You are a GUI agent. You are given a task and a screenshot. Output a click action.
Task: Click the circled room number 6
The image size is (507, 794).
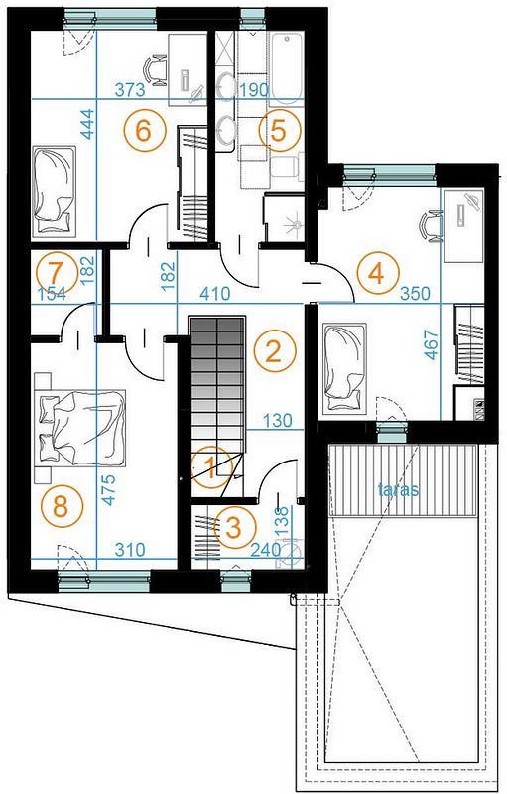pos(144,131)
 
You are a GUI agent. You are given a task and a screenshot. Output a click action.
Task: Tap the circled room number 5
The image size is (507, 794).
pos(279,131)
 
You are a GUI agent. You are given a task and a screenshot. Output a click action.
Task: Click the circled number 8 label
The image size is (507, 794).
pos(62,507)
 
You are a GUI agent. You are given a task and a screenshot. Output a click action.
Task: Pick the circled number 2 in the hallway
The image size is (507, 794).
pos(274,351)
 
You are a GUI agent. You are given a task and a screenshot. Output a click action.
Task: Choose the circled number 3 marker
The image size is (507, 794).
pos(234,529)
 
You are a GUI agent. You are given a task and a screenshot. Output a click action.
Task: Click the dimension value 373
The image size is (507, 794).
pos(130,90)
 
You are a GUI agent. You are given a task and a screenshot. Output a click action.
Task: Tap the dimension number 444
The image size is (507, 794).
pos(88,124)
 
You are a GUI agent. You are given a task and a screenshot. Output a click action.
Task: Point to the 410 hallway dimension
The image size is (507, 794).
pos(215,293)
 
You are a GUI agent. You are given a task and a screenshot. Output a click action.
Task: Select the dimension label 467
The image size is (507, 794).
pos(432,344)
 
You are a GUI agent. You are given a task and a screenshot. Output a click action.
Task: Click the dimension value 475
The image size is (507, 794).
pos(108,489)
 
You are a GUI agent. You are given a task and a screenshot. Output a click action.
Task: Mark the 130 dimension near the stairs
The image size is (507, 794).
pos(278,420)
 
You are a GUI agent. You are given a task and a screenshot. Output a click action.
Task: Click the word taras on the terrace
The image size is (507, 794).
pos(399,489)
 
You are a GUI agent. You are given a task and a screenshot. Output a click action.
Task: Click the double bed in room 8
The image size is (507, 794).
pos(82,428)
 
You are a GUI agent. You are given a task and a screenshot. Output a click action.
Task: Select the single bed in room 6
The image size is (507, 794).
pos(55,192)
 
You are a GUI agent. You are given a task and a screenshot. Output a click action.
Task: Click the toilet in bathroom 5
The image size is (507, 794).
pos(287,166)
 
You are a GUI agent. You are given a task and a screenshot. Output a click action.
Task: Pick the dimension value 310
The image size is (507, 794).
pos(130,550)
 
